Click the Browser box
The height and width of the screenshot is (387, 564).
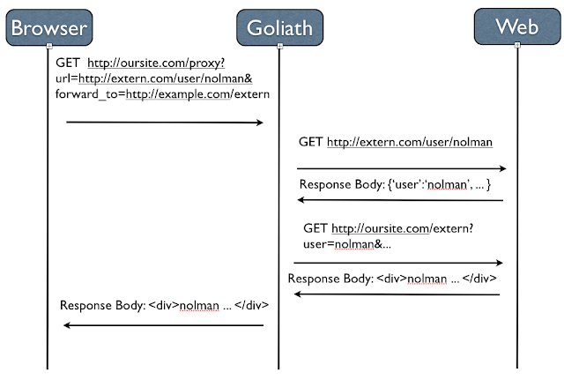pos(48,27)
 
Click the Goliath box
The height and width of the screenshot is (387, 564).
pos(278,27)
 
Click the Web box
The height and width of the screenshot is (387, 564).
pos(517,26)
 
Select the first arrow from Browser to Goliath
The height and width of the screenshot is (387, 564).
pos(165,123)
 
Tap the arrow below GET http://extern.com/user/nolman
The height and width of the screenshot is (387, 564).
pos(401,167)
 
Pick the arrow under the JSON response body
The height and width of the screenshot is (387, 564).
pos(401,201)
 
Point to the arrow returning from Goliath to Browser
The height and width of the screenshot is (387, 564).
pos(165,325)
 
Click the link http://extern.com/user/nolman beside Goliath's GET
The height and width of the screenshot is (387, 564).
pos(409,141)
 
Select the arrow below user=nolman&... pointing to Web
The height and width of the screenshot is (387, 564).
pos(398,263)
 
